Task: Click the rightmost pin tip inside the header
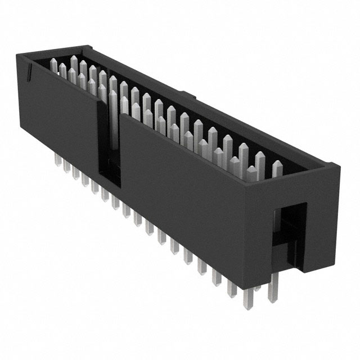[x=277, y=164]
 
